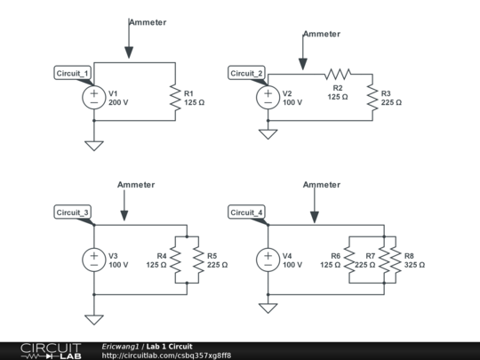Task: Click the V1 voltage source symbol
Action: coord(93,97)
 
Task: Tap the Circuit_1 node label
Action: coord(73,73)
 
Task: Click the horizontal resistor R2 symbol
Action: coord(338,73)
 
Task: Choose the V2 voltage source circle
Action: coord(268,97)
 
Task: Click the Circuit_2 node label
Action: coord(247,73)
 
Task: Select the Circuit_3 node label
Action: coord(73,212)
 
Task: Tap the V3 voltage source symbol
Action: coord(93,260)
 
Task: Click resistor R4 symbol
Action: coord(175,260)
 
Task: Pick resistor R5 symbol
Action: coord(196,260)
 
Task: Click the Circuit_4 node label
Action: coord(247,212)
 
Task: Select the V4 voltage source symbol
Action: coord(268,260)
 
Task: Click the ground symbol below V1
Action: coord(93,145)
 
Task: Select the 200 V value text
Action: coord(118,102)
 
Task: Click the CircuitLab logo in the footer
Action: coord(41,350)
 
